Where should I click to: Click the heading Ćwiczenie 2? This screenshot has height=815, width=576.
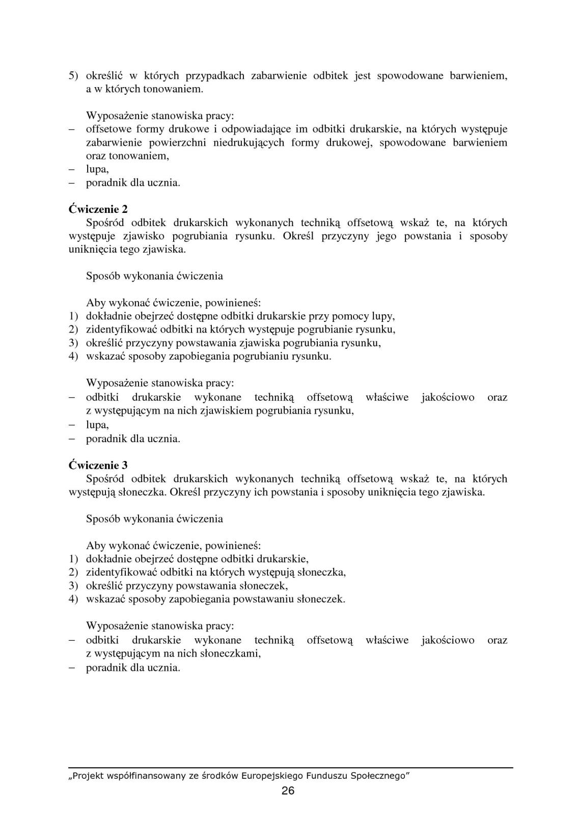[x=98, y=209]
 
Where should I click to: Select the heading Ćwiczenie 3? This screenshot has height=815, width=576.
[x=98, y=465]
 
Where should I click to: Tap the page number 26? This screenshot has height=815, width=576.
[x=288, y=791]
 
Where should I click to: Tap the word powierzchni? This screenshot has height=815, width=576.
[x=176, y=142]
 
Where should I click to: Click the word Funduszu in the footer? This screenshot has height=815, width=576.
[x=326, y=776]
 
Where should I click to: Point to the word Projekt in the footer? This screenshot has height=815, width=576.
[x=88, y=776]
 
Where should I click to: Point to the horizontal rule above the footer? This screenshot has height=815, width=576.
[x=291, y=767]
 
